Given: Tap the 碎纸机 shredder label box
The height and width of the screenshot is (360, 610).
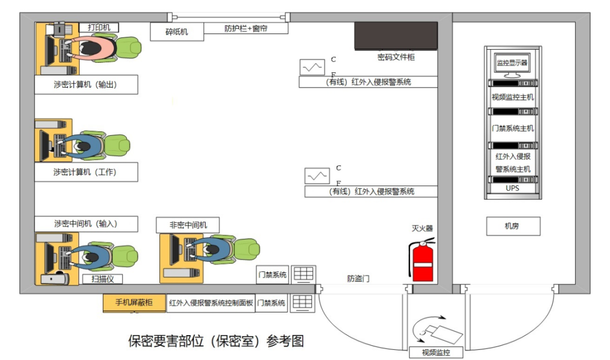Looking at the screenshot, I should pyautogui.click(x=176, y=32).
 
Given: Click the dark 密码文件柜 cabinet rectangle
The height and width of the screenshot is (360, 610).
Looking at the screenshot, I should pyautogui.click(x=395, y=36).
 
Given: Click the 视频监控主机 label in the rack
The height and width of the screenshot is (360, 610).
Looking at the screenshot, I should pyautogui.click(x=512, y=97).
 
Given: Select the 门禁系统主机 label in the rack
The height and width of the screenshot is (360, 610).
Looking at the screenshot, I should pyautogui.click(x=512, y=128).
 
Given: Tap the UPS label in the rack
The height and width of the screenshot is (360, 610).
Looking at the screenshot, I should pyautogui.click(x=512, y=188).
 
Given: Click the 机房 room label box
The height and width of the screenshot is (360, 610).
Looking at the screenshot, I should pyautogui.click(x=513, y=226).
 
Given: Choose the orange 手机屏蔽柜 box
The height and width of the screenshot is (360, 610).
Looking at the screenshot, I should pyautogui.click(x=134, y=302).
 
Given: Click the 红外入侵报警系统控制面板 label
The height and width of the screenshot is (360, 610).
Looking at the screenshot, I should pyautogui.click(x=211, y=303).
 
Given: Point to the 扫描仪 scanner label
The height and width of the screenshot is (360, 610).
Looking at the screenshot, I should pyautogui.click(x=102, y=279).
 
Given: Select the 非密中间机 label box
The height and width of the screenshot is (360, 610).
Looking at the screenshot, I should pyautogui.click(x=188, y=225).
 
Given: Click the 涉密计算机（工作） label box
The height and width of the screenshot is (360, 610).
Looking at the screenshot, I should pyautogui.click(x=86, y=172).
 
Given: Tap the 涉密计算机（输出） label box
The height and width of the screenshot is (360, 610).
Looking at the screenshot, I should pyautogui.click(x=86, y=85).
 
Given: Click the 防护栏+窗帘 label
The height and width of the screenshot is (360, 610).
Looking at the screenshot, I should pyautogui.click(x=246, y=28).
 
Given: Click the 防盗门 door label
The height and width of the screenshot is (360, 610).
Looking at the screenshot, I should pyautogui.click(x=359, y=279).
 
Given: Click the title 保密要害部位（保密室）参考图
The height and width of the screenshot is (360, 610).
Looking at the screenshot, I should pyautogui.click(x=216, y=341).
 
